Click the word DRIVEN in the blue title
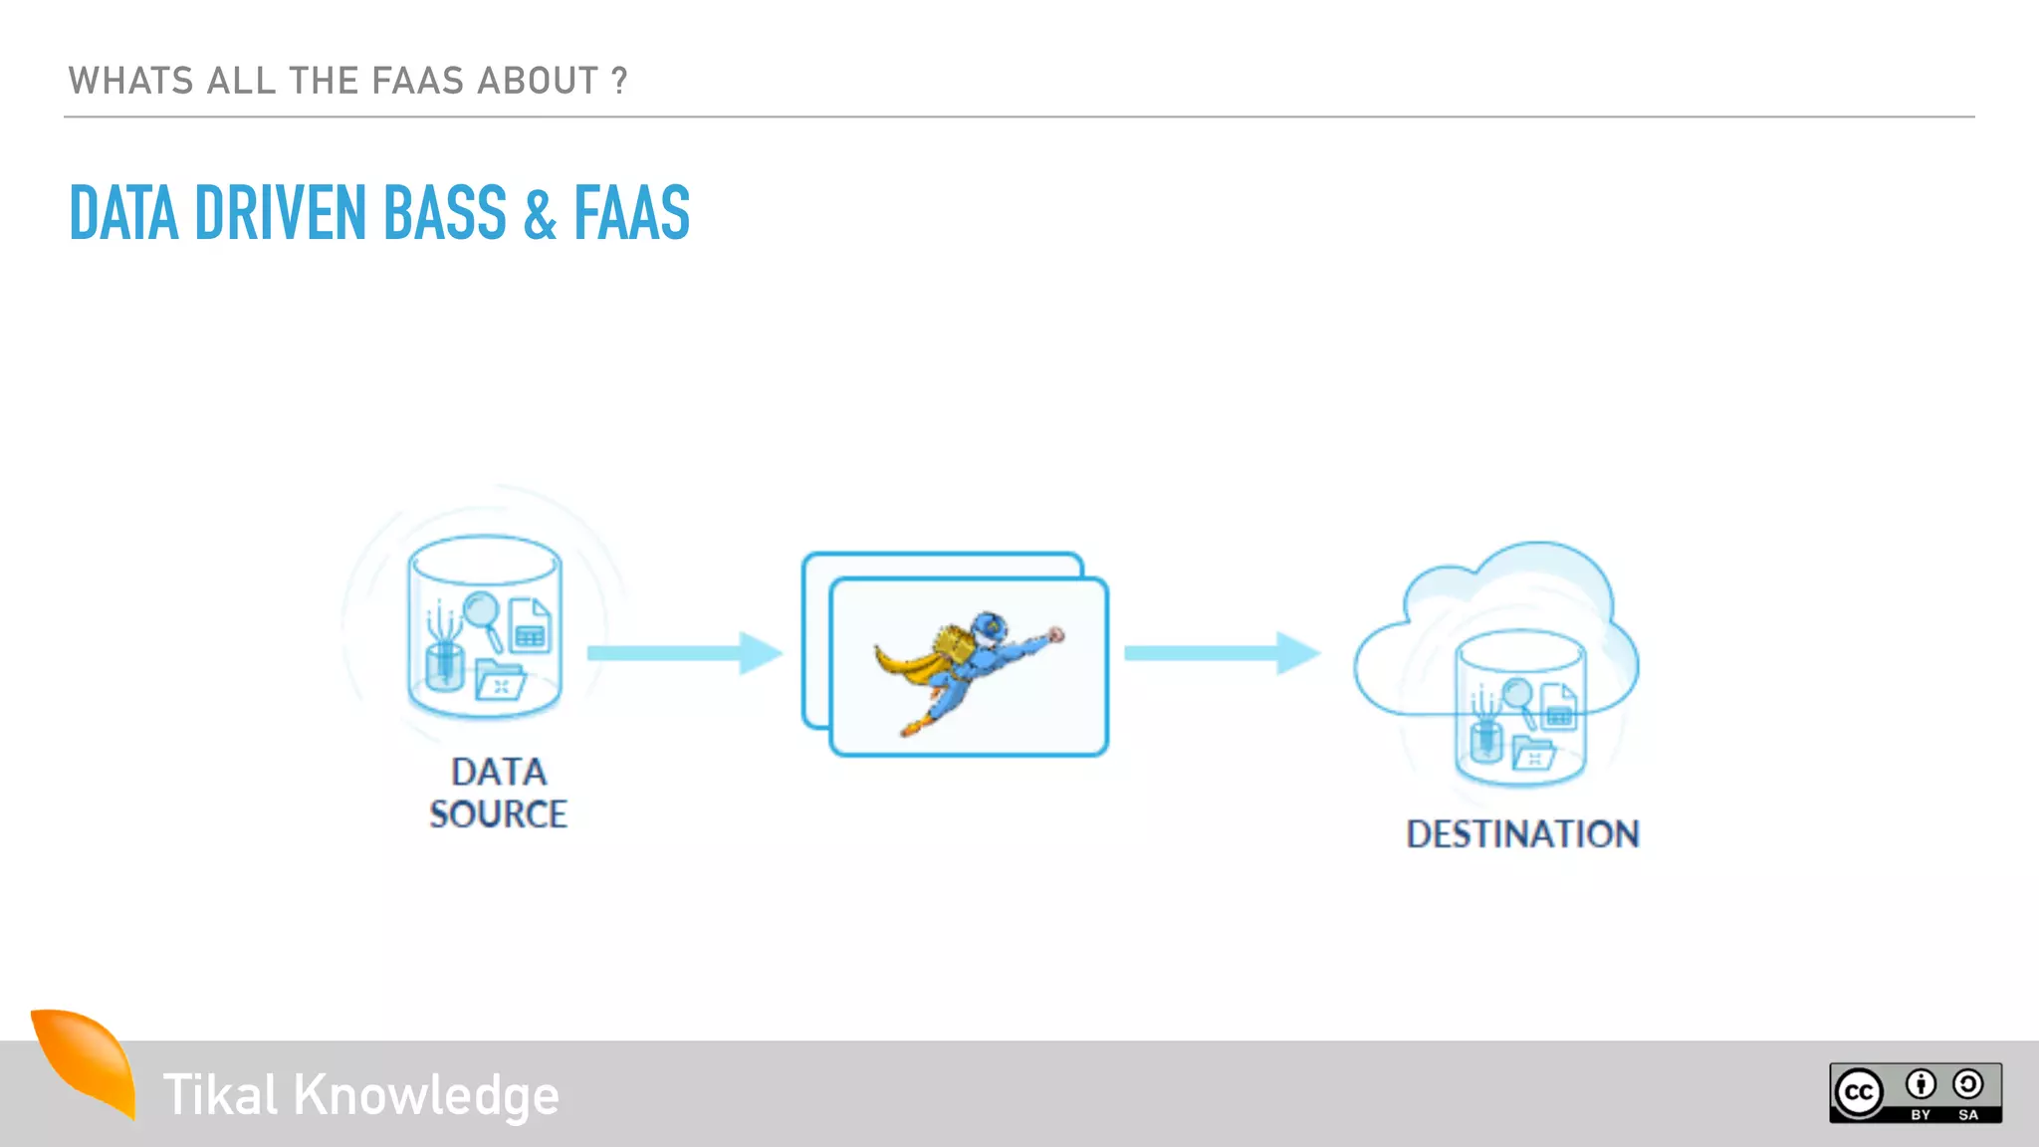tap(280, 213)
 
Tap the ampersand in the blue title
tap(540, 215)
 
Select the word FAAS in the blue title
tap(631, 213)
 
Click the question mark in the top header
tap(619, 81)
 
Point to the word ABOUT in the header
tap(538, 81)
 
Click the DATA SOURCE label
tap(498, 793)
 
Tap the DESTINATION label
tap(1522, 834)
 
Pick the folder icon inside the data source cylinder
tap(499, 681)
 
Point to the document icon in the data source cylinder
tap(530, 624)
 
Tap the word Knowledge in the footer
tap(426, 1095)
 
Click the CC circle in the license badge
tap(1859, 1093)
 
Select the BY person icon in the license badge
tap(1921, 1084)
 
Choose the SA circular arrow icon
tap(1968, 1084)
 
